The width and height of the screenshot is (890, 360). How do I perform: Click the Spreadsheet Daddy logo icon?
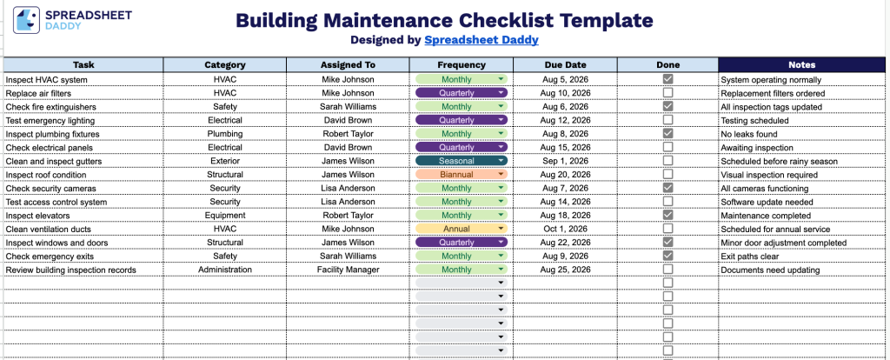(26, 21)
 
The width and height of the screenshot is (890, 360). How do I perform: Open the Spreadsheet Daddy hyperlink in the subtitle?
(482, 40)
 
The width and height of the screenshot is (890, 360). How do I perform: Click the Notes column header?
(801, 64)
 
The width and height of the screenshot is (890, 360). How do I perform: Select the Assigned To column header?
(348, 64)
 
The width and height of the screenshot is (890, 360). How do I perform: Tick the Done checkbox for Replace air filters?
(668, 92)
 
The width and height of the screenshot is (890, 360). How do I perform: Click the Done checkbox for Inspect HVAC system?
(668, 79)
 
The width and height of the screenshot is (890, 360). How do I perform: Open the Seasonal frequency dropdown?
(462, 161)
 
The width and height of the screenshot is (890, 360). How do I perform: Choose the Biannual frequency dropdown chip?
(462, 174)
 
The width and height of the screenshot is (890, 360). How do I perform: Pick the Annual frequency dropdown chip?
(462, 229)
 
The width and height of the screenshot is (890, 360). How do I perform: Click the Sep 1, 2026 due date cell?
(565, 161)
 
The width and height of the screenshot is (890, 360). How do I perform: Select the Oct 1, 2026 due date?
(565, 230)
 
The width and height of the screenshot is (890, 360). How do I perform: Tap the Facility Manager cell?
(348, 270)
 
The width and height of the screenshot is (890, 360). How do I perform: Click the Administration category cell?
(225, 270)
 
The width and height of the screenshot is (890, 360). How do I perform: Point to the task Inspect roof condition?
(46, 175)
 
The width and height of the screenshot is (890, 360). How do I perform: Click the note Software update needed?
(767, 202)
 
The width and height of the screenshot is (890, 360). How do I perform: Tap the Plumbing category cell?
(225, 134)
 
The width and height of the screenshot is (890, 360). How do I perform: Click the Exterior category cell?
(225, 161)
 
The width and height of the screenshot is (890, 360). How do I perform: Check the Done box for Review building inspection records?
(668, 270)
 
